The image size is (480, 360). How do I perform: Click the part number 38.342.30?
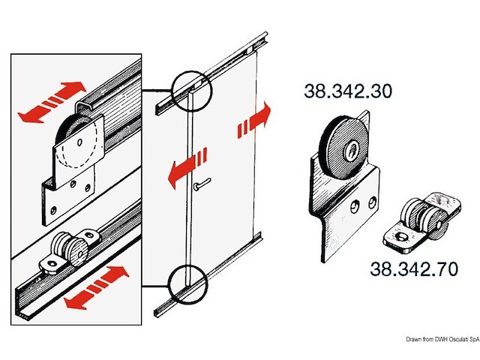[347, 91]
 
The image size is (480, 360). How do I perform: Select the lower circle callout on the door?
[189, 284]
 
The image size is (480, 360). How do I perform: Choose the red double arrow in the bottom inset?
[94, 288]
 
